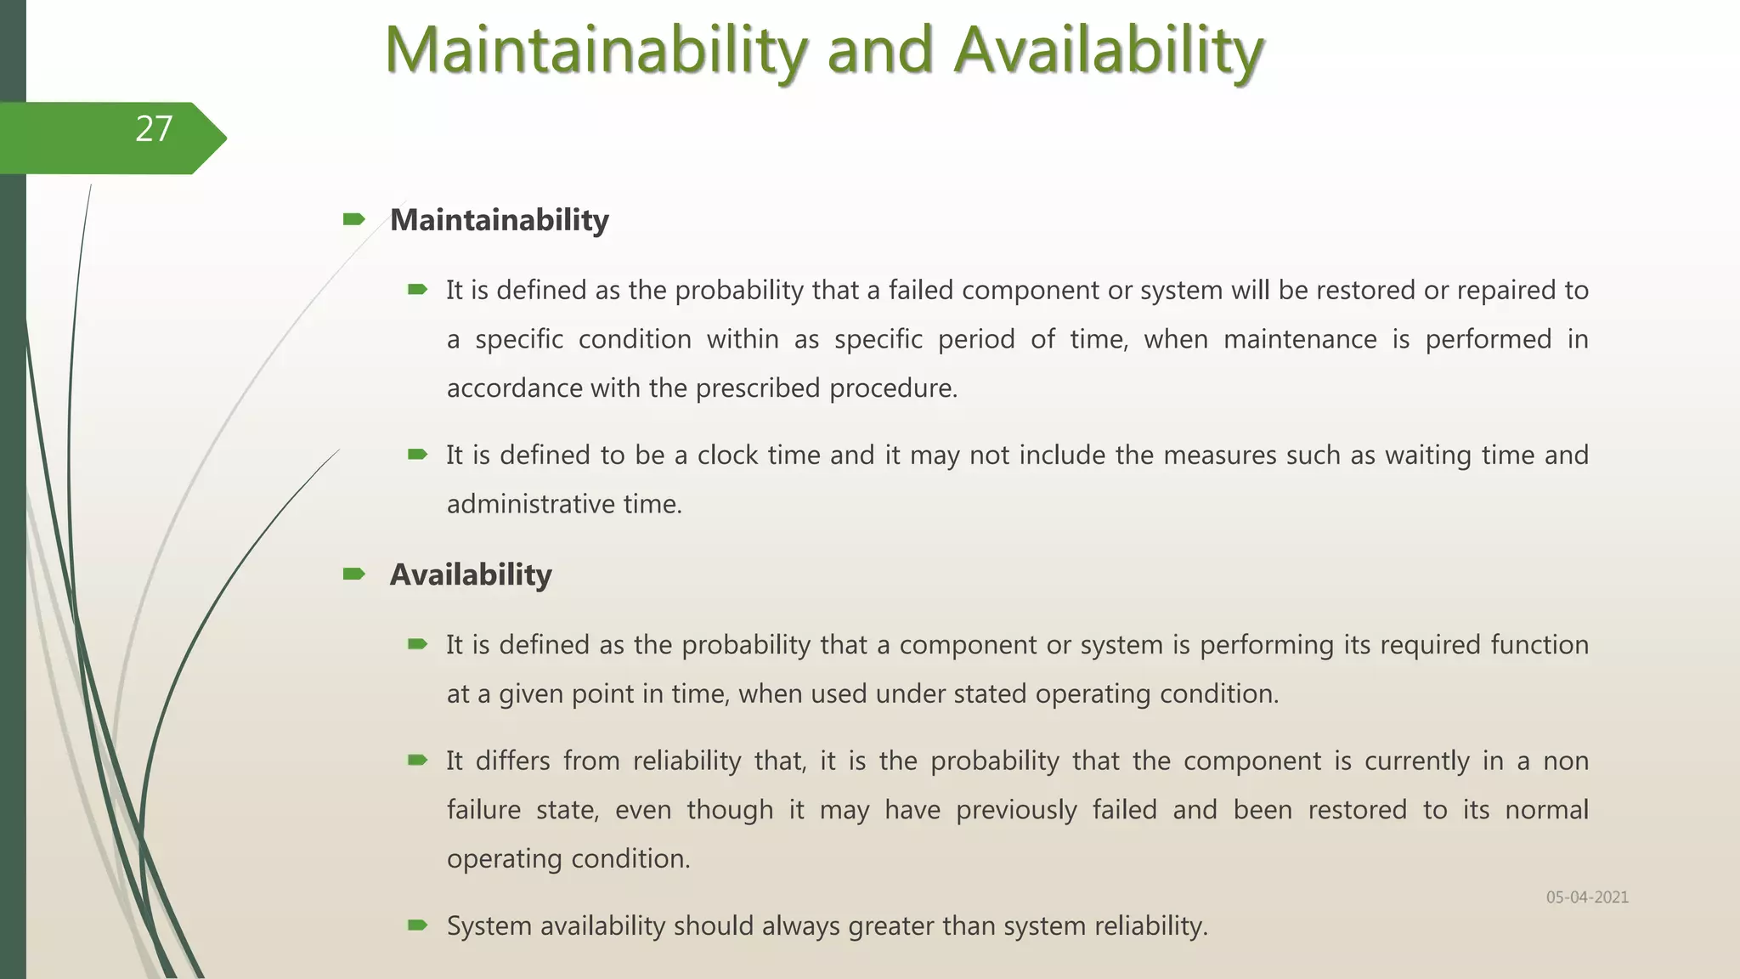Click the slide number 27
[154, 129]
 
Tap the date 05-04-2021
[1587, 897]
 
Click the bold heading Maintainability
[499, 220]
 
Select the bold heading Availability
[471, 574]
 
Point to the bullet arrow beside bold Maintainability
[353, 220]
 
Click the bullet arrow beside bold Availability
[353, 574]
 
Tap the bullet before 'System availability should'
[417, 925]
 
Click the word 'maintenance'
[1300, 339]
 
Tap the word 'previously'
[1016, 810]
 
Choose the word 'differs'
[513, 761]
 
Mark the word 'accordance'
[514, 388]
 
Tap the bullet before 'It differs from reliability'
[417, 760]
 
